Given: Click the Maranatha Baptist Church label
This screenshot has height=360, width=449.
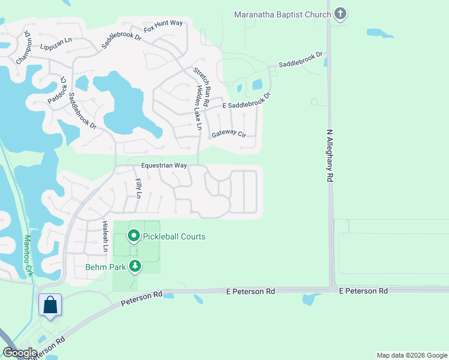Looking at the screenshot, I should click(x=282, y=14).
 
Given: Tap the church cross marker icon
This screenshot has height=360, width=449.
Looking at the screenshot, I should click(x=340, y=14).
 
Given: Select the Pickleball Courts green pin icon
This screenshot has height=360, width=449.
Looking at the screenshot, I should click(x=133, y=236).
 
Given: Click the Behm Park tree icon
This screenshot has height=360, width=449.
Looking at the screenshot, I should click(x=136, y=265).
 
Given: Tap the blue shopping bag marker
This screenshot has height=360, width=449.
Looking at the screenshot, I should click(x=50, y=305).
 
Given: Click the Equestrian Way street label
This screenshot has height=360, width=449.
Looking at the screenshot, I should click(x=164, y=165).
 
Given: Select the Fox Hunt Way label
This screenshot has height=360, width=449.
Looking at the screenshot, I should click(x=163, y=27).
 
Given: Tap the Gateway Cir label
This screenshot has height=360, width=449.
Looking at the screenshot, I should click(x=229, y=134).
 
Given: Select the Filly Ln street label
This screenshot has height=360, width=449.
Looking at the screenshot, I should click(x=138, y=188).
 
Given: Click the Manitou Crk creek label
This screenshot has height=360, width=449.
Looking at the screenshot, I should click(x=27, y=256).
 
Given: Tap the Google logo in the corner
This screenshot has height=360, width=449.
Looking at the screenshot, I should click(x=20, y=353).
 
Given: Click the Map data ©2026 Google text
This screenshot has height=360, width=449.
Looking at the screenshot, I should click(x=412, y=355).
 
